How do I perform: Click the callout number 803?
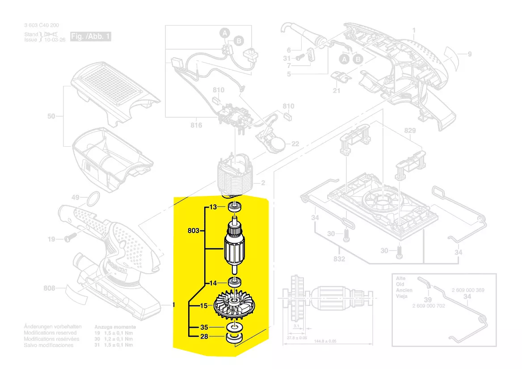click(x=193, y=231)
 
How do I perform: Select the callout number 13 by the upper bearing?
click(x=213, y=207)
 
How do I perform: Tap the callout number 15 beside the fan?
click(x=204, y=306)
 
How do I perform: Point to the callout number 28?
click(x=204, y=336)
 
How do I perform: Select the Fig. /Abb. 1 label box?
click(x=90, y=37)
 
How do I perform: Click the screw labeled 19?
click(x=69, y=239)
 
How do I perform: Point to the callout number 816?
click(x=196, y=125)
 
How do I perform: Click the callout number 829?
click(x=410, y=131)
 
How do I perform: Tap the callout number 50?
click(x=51, y=116)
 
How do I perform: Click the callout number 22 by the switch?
click(x=295, y=144)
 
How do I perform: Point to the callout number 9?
click(x=470, y=55)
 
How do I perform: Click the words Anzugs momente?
click(x=115, y=327)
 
